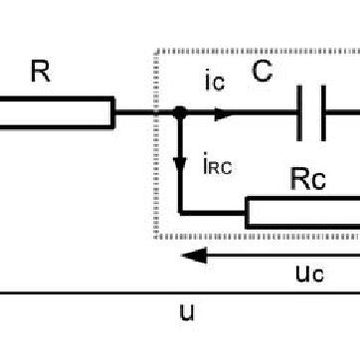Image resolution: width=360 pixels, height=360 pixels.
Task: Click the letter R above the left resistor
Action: pyautogui.click(x=40, y=71)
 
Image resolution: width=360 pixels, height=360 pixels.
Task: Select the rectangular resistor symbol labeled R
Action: pyautogui.click(x=56, y=113)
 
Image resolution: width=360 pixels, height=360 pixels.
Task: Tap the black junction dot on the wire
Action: pyautogui.click(x=179, y=113)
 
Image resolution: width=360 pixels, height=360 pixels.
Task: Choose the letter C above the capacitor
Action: pyautogui.click(x=262, y=72)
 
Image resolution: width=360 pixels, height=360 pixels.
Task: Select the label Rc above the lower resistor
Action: pyautogui.click(x=305, y=180)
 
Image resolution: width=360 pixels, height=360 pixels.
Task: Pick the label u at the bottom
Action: pyautogui.click(x=186, y=312)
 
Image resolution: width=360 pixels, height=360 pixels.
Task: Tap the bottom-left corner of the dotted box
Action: pyautogui.click(x=153, y=237)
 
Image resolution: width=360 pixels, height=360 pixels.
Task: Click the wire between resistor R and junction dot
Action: pyautogui.click(x=145, y=113)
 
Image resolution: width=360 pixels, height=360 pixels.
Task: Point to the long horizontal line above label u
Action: pyautogui.click(x=179, y=293)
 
